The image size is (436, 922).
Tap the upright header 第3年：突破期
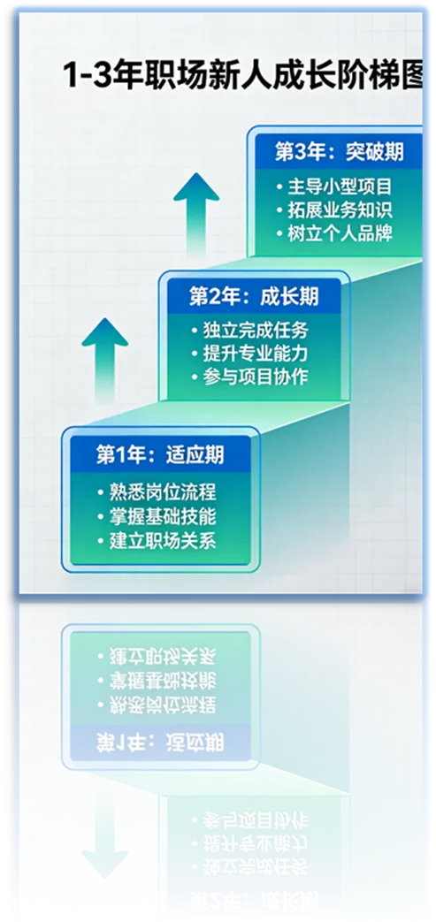point(339,151)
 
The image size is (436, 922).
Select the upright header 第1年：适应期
point(160,455)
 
